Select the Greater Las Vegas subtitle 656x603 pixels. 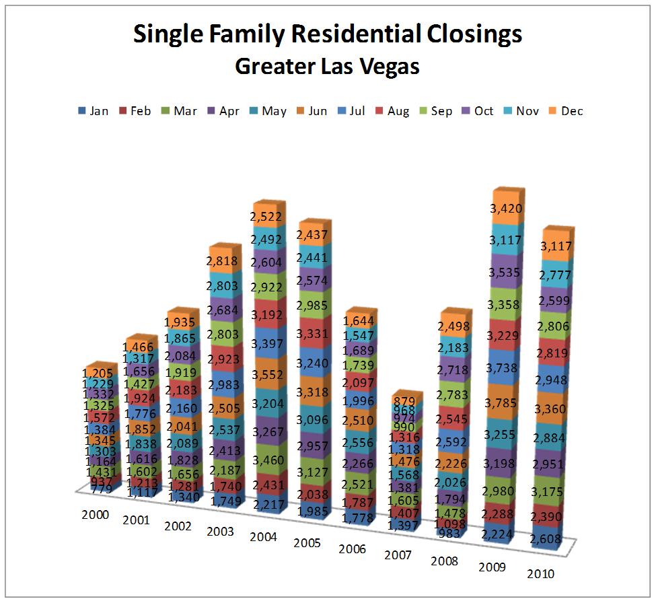tap(327, 67)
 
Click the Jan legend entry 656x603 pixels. tap(93, 111)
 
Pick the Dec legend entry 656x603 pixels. tap(566, 111)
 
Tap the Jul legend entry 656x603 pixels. tap(351, 111)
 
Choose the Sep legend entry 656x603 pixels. tap(435, 111)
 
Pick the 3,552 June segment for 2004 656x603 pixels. tap(269, 376)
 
